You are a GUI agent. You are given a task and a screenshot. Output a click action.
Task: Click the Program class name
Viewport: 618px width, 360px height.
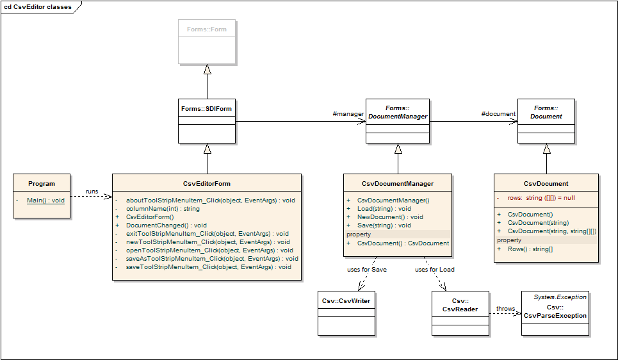point(42,184)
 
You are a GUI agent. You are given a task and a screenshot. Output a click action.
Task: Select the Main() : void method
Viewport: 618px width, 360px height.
point(45,200)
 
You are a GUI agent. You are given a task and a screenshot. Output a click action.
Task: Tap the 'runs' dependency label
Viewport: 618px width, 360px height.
point(92,192)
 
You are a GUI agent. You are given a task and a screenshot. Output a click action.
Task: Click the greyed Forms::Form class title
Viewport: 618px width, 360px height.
point(206,29)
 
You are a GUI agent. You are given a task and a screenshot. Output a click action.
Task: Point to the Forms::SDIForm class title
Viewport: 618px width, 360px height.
point(206,108)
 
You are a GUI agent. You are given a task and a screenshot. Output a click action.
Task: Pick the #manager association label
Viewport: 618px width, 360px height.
point(348,114)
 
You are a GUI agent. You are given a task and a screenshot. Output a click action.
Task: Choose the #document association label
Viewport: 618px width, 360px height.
point(498,114)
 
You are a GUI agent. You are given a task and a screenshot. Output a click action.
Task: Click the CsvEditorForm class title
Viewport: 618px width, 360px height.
point(207,184)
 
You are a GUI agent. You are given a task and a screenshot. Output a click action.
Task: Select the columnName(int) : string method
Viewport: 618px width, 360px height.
point(163,209)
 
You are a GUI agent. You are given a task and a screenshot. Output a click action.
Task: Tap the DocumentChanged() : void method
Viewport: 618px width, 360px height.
point(167,225)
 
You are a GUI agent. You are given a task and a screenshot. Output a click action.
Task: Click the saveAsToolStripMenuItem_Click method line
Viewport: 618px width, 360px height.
point(212,259)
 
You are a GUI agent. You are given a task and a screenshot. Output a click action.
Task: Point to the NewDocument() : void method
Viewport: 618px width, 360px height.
point(390,217)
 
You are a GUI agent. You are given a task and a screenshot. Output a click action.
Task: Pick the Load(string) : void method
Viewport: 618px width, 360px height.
point(384,209)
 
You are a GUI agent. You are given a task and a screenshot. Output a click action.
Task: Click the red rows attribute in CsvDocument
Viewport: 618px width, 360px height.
point(541,198)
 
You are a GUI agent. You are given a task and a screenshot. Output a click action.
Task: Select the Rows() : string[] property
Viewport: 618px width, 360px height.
point(530,249)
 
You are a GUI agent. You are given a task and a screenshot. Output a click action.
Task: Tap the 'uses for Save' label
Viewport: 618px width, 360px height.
point(367,270)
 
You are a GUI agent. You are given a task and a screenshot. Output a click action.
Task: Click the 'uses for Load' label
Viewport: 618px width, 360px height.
point(435,270)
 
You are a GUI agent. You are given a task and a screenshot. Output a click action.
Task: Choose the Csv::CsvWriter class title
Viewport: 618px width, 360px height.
point(346,301)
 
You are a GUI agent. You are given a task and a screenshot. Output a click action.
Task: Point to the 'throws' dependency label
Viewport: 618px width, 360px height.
point(506,308)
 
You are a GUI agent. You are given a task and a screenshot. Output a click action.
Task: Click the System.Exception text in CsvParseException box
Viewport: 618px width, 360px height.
point(560,297)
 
